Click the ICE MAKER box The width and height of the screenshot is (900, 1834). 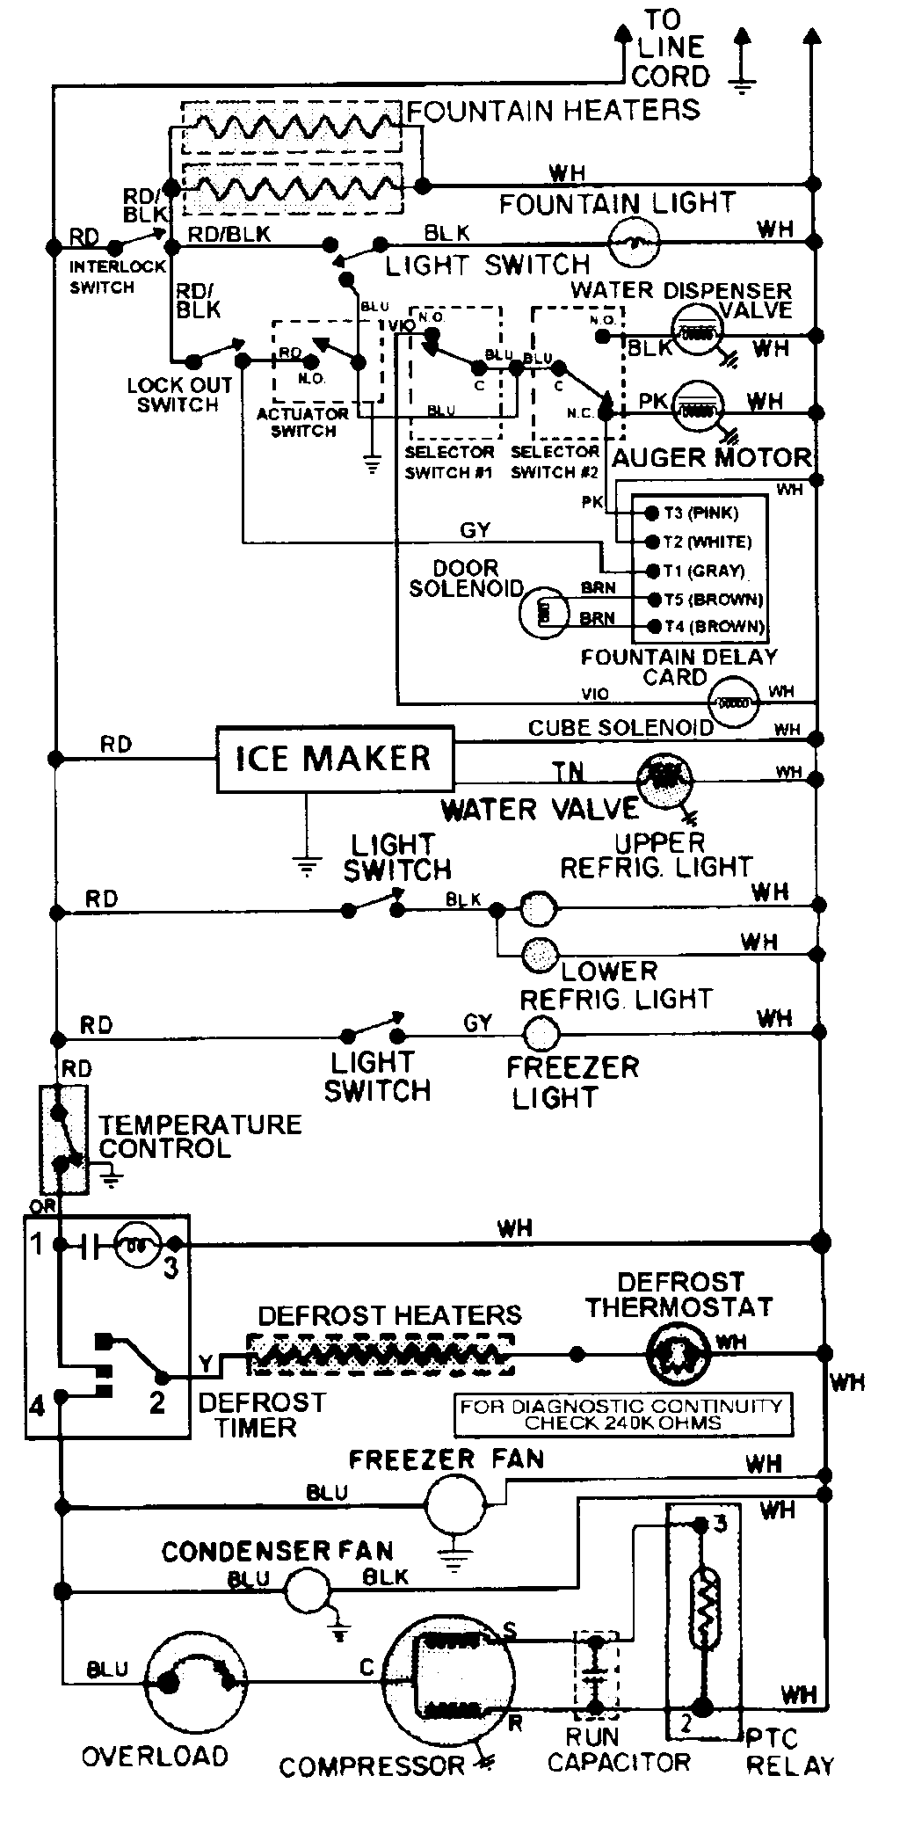coord(335,758)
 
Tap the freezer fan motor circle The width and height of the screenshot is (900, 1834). coord(454,1504)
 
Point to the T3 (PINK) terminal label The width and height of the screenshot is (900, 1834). coord(701,513)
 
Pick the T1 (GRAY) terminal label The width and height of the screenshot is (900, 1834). coord(704,571)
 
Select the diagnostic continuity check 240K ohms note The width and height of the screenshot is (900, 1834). coord(621,1414)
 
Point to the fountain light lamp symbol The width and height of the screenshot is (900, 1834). coord(634,240)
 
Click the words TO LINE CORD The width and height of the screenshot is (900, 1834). coord(669,48)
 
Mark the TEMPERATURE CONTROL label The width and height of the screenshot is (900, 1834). coord(199,1136)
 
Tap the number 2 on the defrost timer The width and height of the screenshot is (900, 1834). coord(157,1401)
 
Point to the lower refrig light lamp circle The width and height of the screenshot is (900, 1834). coord(540,956)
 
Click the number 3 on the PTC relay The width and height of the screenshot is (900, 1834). coord(720,1524)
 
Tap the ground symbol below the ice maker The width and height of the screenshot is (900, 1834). coord(306,867)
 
